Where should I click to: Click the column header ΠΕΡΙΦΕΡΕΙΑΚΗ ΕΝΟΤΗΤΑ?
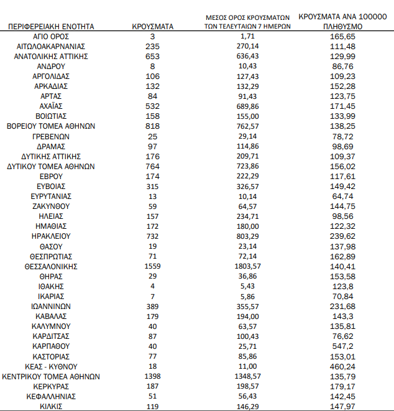pyautogui.click(x=51, y=27)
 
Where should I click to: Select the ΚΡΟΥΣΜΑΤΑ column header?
pyautogui.click(x=153, y=27)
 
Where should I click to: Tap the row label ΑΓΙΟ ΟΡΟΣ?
pyautogui.click(x=51, y=37)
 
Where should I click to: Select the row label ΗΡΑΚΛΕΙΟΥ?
pyautogui.click(x=51, y=236)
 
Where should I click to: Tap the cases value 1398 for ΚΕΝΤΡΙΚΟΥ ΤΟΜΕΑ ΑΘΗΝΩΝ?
pyautogui.click(x=153, y=376)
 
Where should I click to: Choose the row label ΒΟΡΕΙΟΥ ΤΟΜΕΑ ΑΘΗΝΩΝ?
pyautogui.click(x=51, y=126)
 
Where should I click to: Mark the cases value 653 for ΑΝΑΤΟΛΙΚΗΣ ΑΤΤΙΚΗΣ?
pyautogui.click(x=153, y=57)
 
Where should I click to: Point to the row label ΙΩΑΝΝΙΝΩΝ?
pyautogui.click(x=51, y=306)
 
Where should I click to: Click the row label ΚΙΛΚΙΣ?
pyautogui.click(x=51, y=406)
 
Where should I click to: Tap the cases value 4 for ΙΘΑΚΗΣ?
pyautogui.click(x=153, y=286)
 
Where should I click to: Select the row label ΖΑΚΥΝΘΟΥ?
pyautogui.click(x=51, y=206)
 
